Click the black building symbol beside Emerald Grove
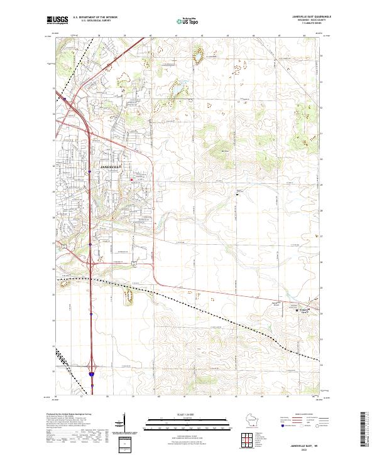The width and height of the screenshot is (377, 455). point(297,309)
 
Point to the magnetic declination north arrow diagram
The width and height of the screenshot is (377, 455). point(126,422)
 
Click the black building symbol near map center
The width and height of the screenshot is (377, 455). point(237,194)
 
